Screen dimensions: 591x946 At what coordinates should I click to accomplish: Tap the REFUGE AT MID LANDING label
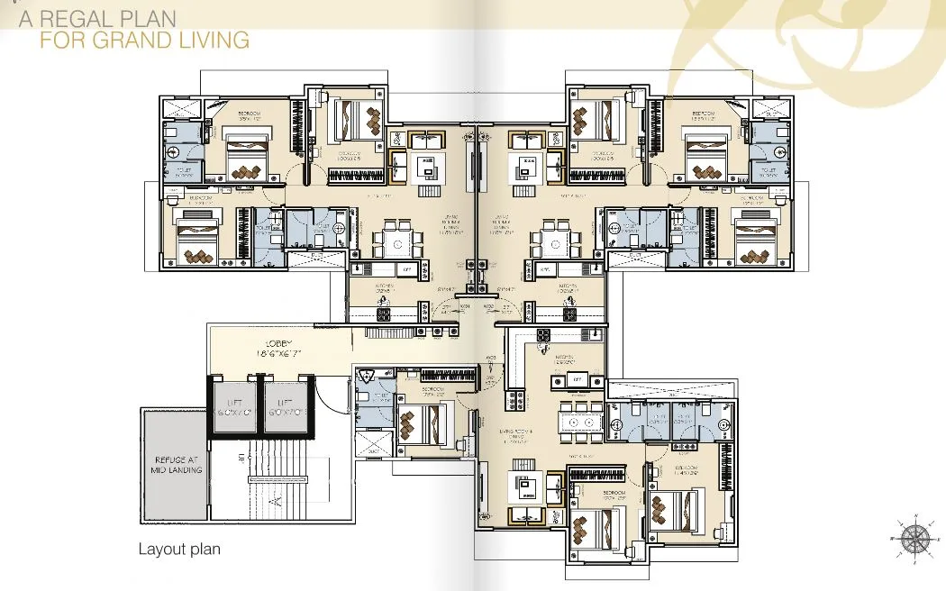click(177, 464)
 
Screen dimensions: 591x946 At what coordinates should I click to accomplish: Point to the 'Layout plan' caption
click(179, 549)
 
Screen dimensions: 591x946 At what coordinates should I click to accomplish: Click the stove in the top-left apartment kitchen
click(382, 314)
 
